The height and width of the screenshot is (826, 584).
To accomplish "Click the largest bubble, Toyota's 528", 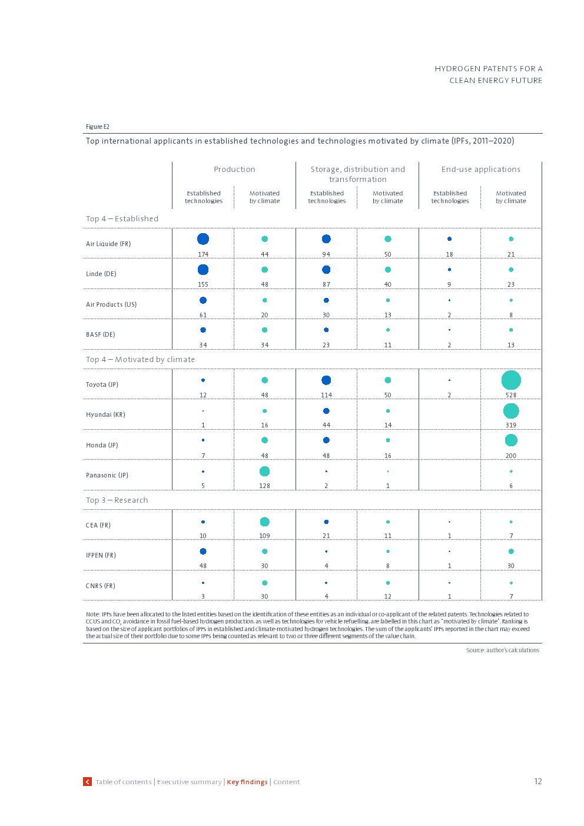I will point(511,380).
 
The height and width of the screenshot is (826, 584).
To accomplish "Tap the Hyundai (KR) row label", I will point(105,414).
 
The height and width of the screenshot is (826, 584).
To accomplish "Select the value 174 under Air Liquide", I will point(203,254).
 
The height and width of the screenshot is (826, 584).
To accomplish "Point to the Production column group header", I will point(234,170).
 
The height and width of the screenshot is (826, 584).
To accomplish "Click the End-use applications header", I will point(480,170).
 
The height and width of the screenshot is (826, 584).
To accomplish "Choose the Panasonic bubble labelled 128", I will point(265,472).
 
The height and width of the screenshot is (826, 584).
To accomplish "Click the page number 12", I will point(537,781).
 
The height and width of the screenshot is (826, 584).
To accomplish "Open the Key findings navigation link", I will point(247,782).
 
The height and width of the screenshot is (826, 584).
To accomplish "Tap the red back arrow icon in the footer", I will point(88,782).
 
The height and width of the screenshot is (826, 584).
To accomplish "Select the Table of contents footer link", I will point(124,782).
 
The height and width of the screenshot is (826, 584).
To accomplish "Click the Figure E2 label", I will point(98,127).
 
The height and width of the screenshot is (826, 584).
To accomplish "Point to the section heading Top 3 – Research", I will point(117,500).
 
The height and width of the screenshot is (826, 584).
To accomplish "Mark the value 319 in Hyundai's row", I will point(511,425).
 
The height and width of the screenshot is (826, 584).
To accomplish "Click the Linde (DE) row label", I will point(101,274).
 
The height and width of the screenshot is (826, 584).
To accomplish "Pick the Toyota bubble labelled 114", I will point(326,380).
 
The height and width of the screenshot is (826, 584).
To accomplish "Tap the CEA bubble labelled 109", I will point(265,522).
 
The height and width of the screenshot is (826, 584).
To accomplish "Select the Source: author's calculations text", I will point(502,650).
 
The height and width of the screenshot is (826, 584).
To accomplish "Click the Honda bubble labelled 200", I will point(511,440).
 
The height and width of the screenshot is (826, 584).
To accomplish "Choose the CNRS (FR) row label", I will point(101,586).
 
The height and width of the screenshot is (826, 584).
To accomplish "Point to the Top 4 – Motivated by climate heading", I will point(140,360).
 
